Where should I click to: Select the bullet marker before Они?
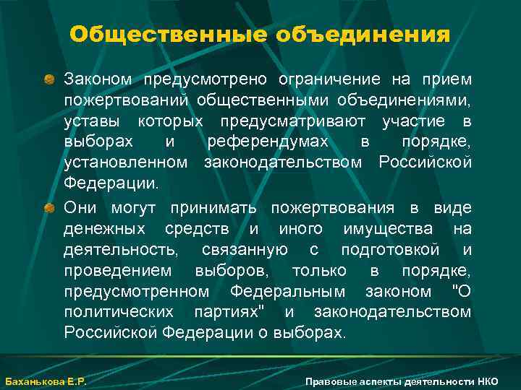pos(49,208)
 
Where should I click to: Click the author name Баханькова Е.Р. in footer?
pos(46,381)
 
